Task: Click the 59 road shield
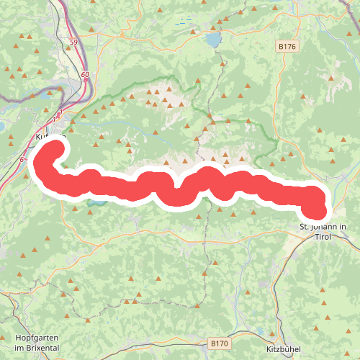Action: tap(75, 43)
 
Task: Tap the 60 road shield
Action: tap(85, 74)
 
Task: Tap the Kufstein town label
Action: tap(50, 135)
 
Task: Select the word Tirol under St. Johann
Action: tap(323, 238)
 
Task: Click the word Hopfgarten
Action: tap(35, 338)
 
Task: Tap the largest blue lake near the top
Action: tap(214, 40)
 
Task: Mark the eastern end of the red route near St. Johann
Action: tap(317, 210)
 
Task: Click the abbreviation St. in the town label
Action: tap(305, 228)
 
